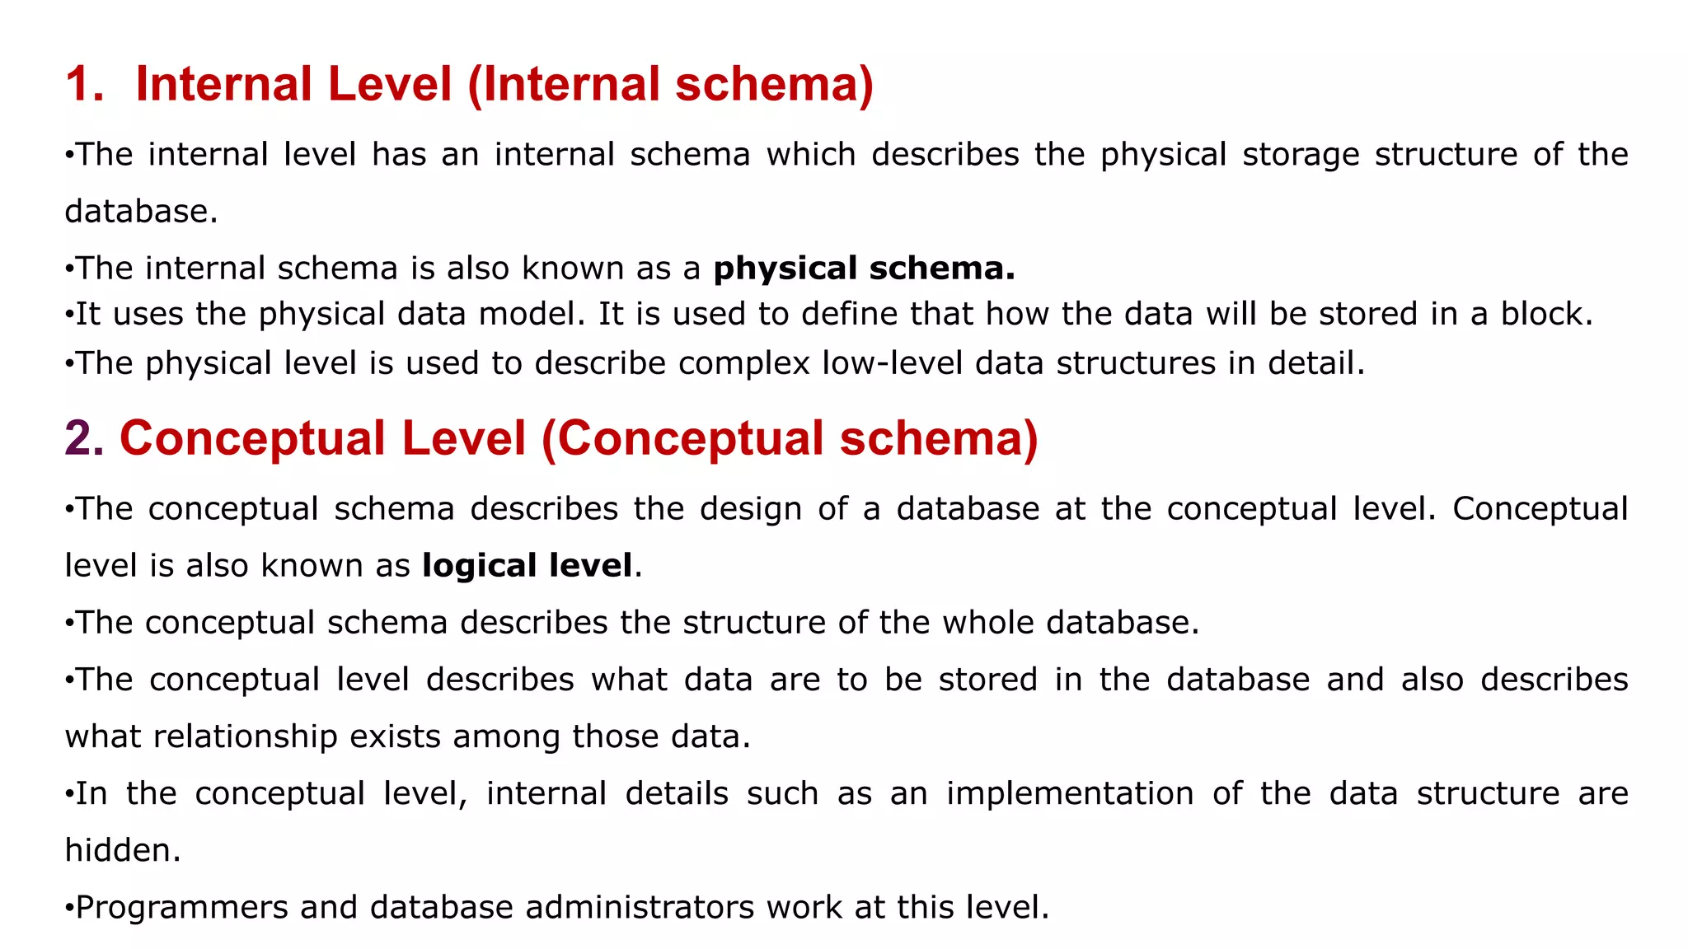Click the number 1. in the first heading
point(85,84)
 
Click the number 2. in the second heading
point(84,438)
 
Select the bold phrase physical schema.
point(864,269)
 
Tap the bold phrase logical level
point(527,566)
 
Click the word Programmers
point(181,908)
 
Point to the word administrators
point(640,908)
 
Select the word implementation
point(1069,793)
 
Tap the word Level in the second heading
point(463,438)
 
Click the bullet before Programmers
point(69,908)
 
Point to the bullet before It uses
point(69,315)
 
